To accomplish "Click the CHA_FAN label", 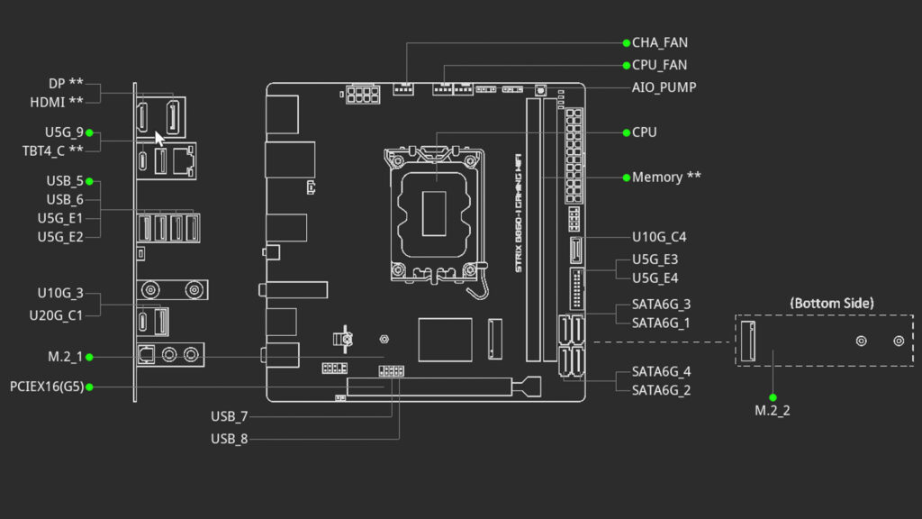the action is (x=660, y=43).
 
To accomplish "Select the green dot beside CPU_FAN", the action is (x=627, y=65).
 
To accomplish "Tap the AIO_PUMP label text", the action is (x=664, y=87).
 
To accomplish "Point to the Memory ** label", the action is (x=666, y=178).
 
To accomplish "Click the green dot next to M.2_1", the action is (x=89, y=357).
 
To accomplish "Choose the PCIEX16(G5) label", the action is (x=47, y=387).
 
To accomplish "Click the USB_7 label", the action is (x=230, y=416).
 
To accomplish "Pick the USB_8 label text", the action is (x=230, y=439).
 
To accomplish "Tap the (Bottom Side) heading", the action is (x=832, y=303).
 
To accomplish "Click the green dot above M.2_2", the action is (x=773, y=397).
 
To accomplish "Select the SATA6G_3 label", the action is (x=662, y=305).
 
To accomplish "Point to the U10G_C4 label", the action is (x=659, y=237).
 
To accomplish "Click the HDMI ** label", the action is (x=57, y=103).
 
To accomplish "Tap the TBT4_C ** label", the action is (x=53, y=151).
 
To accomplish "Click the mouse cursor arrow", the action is (x=159, y=139).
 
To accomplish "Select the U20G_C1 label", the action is (x=57, y=315).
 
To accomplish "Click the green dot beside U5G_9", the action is (x=89, y=133).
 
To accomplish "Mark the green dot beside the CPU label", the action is (x=627, y=133).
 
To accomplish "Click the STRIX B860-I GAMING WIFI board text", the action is (x=518, y=213).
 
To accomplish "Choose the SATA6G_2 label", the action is (x=662, y=391).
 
